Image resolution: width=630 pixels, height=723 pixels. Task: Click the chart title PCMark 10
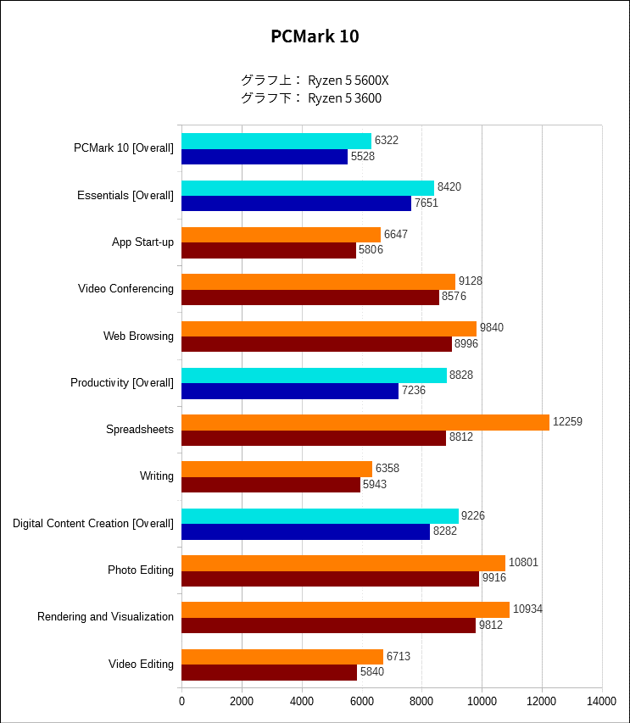pyautogui.click(x=315, y=36)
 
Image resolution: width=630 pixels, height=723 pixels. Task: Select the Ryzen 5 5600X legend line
pyautogui.click(x=315, y=81)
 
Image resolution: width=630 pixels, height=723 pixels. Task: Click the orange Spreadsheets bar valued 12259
pyautogui.click(x=365, y=422)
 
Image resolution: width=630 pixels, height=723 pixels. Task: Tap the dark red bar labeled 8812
pyautogui.click(x=314, y=437)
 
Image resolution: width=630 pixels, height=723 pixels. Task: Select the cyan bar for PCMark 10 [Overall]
pyautogui.click(x=276, y=141)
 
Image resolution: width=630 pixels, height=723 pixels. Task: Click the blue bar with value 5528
pyautogui.click(x=265, y=157)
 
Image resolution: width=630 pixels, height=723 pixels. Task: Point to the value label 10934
pyautogui.click(x=527, y=610)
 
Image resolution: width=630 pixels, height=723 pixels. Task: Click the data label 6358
pyautogui.click(x=387, y=469)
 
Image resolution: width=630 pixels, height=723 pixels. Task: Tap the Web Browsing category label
pyautogui.click(x=138, y=336)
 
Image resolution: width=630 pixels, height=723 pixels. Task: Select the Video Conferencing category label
pyautogui.click(x=125, y=289)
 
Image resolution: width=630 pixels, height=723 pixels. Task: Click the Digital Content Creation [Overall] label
pyautogui.click(x=93, y=524)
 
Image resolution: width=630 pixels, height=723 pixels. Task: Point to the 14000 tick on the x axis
pyautogui.click(x=602, y=702)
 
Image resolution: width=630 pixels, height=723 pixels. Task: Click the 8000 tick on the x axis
pyautogui.click(x=421, y=702)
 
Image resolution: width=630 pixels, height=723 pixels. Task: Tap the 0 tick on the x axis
pyautogui.click(x=181, y=702)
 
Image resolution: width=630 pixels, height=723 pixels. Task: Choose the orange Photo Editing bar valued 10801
pyautogui.click(x=343, y=563)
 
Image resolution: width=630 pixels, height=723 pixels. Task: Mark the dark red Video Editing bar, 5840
pyautogui.click(x=269, y=672)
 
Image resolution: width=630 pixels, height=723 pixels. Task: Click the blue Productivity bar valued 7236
pyautogui.click(x=290, y=391)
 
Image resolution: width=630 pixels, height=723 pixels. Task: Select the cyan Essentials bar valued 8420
pyautogui.click(x=308, y=188)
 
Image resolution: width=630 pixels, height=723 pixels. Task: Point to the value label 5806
pyautogui.click(x=371, y=250)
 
